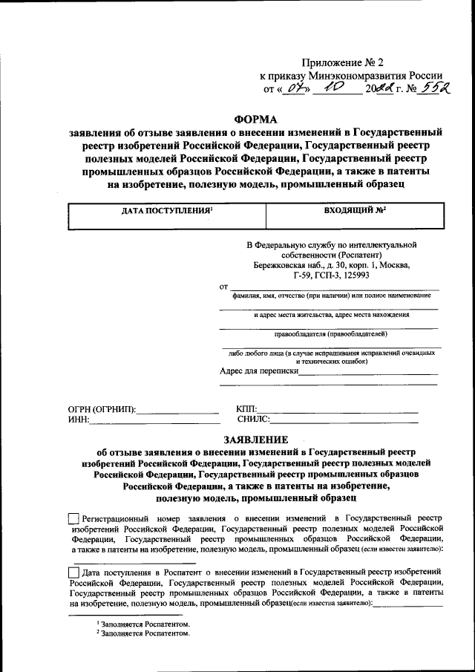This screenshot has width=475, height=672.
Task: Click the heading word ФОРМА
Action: pos(255,118)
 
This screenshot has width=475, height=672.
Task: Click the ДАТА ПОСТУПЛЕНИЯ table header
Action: pos(167,211)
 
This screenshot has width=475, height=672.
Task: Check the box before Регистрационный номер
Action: pos(73,518)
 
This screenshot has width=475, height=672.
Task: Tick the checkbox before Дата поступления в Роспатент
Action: pos(73,572)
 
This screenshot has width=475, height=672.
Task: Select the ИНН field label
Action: pos(78,420)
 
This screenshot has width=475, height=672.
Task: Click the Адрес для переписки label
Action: pos(259,371)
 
